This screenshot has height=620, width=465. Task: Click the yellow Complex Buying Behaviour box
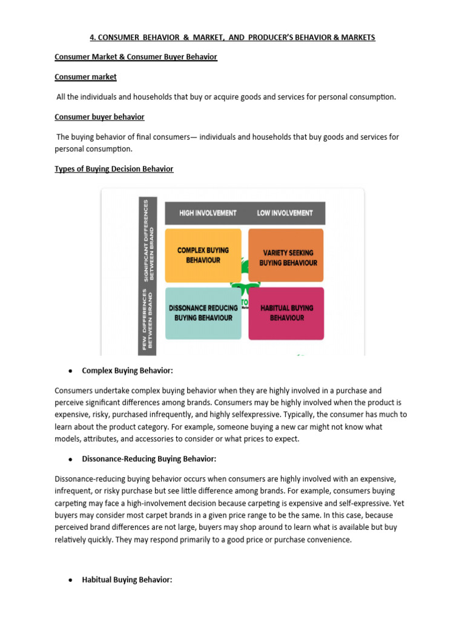[x=203, y=256]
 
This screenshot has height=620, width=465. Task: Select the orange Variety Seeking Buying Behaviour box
[x=286, y=256]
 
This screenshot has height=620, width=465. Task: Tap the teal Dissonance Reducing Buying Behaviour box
[x=203, y=313]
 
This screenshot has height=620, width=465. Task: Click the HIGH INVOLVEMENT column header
[x=208, y=213]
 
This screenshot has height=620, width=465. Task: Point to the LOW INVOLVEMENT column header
[x=285, y=213]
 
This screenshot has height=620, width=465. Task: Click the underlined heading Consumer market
[x=85, y=77]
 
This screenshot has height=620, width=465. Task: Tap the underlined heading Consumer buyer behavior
[x=99, y=117]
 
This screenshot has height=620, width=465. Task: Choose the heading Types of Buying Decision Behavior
[x=114, y=169]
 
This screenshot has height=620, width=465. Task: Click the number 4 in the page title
[x=91, y=38]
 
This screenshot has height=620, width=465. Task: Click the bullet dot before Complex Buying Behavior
[x=71, y=371]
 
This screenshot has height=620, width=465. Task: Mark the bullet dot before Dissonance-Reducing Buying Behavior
[x=71, y=459]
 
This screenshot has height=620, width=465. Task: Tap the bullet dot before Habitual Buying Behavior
[x=71, y=580]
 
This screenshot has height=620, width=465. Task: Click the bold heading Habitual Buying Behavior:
[x=127, y=580]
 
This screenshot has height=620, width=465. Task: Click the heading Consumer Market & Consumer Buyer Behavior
[x=136, y=57]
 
